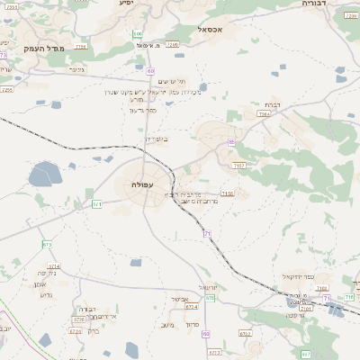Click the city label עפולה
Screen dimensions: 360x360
(130, 184)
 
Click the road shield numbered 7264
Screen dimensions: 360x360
(263, 114)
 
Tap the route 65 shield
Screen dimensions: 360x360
(231, 142)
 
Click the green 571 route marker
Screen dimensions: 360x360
(97, 204)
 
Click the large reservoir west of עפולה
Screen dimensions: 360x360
(43, 174)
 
